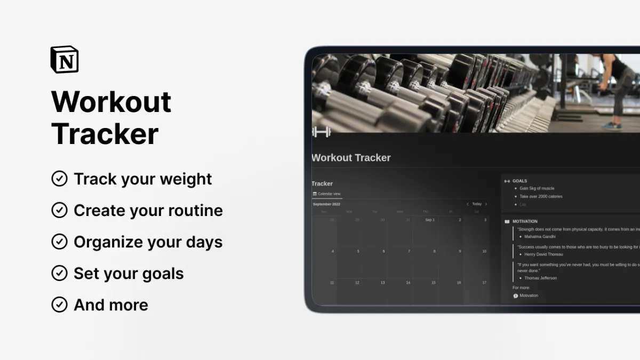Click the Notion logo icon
point(65,60)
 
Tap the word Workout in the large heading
point(111,101)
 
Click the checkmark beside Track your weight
point(59,179)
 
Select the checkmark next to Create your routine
point(59,210)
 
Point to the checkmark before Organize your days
point(59,242)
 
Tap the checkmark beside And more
point(59,305)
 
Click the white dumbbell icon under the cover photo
point(322,132)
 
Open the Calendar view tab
point(327,194)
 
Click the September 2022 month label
point(326,204)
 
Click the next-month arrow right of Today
point(486,204)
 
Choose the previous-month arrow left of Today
point(468,204)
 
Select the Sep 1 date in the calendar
point(429,220)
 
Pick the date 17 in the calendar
point(484,283)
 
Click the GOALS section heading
point(519,181)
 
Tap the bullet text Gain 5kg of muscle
point(537,188)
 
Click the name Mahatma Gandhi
point(540,236)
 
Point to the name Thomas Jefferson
point(540,278)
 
